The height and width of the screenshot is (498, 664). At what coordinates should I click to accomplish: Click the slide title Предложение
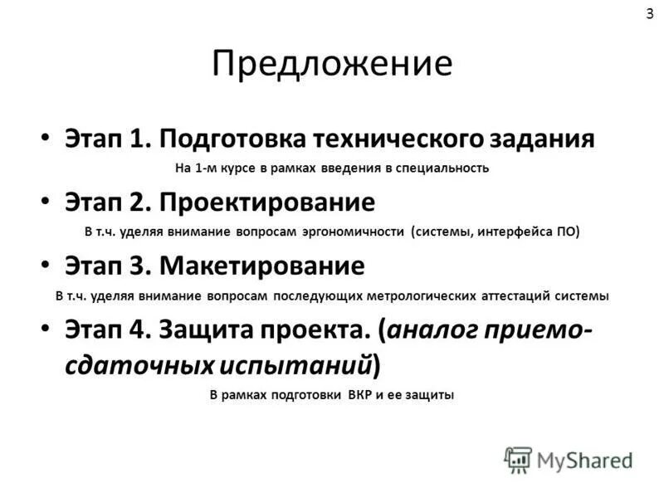coord(332,65)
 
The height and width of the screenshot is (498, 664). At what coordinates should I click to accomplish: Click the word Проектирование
coord(267,202)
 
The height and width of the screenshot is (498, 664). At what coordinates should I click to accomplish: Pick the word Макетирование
coord(262,266)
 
